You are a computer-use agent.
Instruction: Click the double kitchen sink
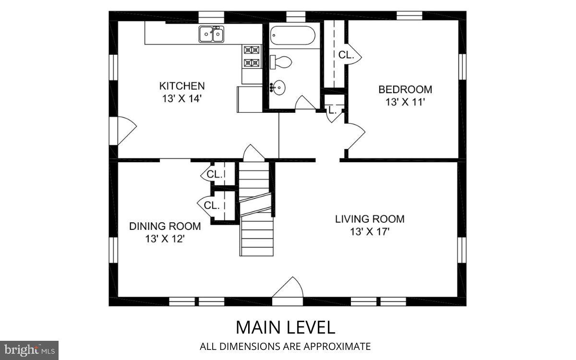(212, 34)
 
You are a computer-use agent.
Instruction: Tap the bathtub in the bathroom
(292, 36)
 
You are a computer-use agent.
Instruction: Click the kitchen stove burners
(251, 56)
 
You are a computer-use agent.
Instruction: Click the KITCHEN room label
(182, 86)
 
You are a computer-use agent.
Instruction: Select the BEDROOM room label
(405, 89)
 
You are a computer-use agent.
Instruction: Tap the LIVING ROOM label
(370, 219)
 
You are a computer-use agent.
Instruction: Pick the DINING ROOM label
(165, 226)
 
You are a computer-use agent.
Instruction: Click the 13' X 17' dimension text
(370, 232)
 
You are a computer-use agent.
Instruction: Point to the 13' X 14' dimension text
(182, 99)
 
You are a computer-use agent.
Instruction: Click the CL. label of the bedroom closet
(346, 55)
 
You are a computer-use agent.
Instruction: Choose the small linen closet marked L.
(332, 110)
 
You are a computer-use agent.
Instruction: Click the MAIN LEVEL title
(285, 327)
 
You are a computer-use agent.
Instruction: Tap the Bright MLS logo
(29, 350)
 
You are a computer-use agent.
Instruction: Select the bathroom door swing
(304, 103)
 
